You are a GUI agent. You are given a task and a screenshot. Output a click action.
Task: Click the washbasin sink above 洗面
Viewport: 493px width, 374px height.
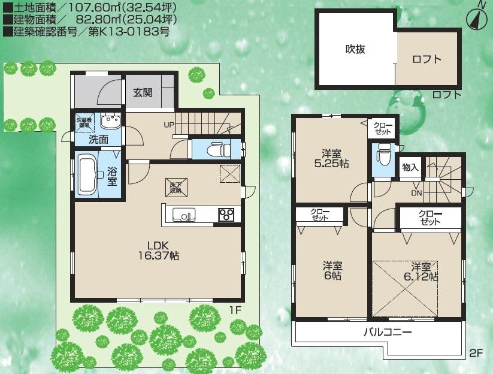110,122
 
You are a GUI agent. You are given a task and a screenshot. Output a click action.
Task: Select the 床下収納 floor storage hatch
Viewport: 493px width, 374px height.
174,187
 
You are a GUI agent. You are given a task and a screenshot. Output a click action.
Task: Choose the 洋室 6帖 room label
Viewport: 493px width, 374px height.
333,270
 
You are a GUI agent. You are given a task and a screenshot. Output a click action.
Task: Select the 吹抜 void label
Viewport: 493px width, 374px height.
355,50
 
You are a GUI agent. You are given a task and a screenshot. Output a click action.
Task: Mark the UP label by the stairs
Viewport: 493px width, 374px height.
170,125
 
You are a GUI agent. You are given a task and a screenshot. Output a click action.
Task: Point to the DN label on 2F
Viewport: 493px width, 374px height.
416,193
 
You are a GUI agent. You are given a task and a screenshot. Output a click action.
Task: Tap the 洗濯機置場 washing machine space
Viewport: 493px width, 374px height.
84,122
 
